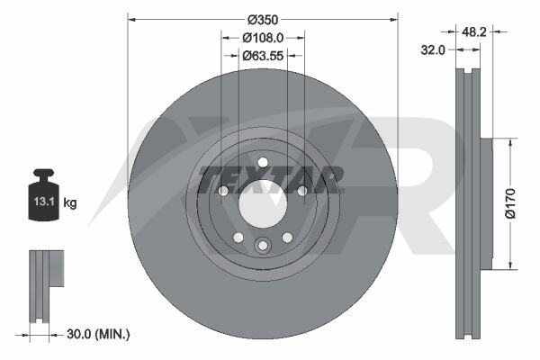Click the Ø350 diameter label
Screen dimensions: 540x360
[x=263, y=20]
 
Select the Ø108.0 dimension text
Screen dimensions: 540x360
[x=263, y=38]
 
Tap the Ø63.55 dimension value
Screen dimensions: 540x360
[x=263, y=56]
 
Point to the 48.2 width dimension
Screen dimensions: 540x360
[x=474, y=32]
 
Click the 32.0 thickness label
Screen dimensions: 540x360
[x=433, y=50]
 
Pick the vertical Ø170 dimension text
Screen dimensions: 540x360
[x=510, y=203]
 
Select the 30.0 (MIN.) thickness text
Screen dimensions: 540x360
[x=98, y=334]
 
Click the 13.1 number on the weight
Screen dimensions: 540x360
[x=44, y=202]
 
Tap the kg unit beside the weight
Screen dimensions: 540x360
[x=70, y=202]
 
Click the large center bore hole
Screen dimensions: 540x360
[x=263, y=203]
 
